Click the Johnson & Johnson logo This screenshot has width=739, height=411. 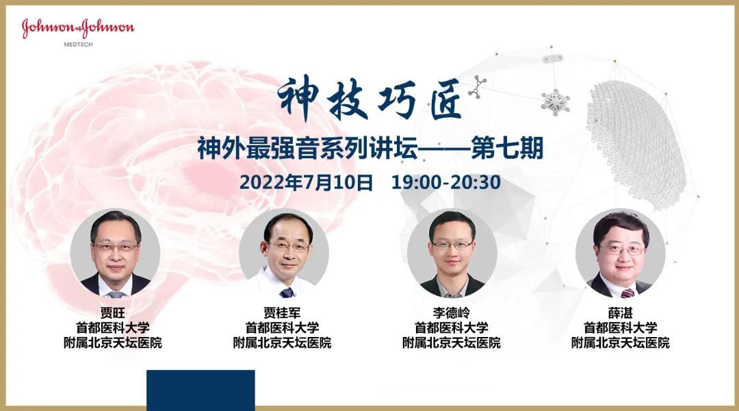[78, 28]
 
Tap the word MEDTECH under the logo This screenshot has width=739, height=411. [78, 45]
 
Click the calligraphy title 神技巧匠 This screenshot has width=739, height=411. [370, 98]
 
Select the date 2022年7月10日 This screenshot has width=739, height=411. [307, 182]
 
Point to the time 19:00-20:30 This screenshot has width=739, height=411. [446, 182]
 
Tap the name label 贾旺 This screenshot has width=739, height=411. [113, 312]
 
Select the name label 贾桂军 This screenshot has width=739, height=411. [283, 312]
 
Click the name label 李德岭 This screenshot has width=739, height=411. [452, 312]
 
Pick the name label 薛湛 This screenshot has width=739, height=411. [620, 312]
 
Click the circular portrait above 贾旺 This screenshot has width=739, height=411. [115, 253]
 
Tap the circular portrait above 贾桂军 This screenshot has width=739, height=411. [284, 253]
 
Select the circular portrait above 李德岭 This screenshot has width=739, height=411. [452, 253]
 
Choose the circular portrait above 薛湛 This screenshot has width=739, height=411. [621, 253]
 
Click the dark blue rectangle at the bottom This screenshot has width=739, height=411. [200, 390]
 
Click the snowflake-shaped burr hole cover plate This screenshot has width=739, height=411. [556, 101]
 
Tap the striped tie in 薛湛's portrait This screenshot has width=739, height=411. [627, 293]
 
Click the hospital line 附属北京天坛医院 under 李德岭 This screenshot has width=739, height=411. [452, 342]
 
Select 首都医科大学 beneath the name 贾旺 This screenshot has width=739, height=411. [113, 327]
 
